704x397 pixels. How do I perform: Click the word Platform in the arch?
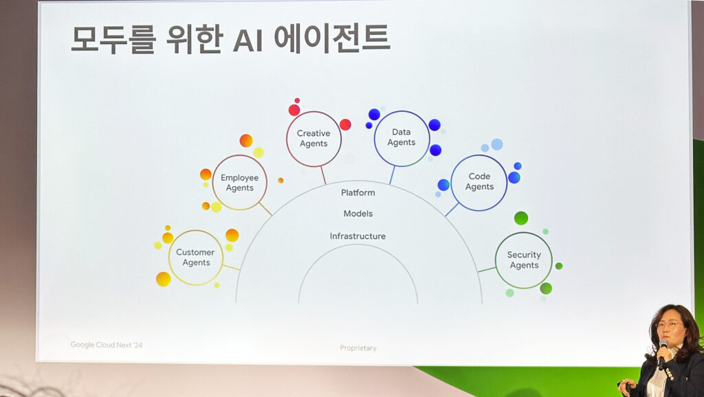[x=357, y=192]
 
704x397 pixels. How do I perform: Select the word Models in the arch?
[x=357, y=214]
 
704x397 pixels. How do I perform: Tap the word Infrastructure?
[x=357, y=236]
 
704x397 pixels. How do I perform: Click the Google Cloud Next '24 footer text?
[x=107, y=345]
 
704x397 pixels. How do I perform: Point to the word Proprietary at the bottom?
[x=357, y=348]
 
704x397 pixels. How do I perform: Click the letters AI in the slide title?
[x=247, y=41]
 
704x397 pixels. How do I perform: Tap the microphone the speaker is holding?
[x=662, y=354]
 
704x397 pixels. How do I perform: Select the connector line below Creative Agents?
[x=323, y=175]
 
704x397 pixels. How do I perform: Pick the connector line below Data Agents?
[x=392, y=174]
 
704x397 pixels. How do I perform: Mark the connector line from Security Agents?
[x=486, y=270]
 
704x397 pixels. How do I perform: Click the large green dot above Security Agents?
[x=521, y=218]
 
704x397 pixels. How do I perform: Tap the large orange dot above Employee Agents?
[x=246, y=140]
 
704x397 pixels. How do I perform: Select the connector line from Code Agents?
[x=452, y=209]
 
